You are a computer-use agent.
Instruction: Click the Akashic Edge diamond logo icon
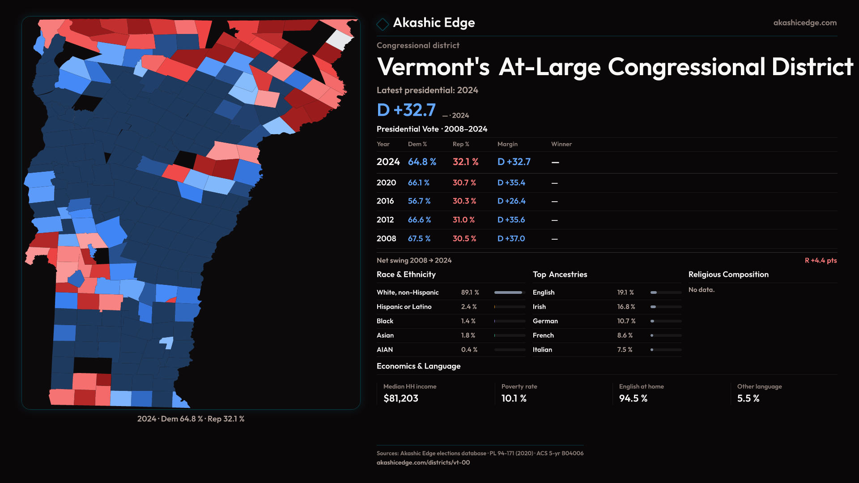click(383, 24)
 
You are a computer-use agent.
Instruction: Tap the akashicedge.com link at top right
click(804, 23)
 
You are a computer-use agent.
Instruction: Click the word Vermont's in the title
click(433, 67)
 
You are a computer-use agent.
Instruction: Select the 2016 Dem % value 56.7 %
click(419, 201)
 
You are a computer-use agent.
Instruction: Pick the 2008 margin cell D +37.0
click(511, 239)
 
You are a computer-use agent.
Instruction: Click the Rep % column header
click(460, 144)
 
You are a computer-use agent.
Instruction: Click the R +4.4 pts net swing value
click(821, 260)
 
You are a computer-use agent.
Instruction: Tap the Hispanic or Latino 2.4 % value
click(468, 307)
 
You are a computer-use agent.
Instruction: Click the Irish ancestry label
click(539, 307)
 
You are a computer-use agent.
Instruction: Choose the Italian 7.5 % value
click(625, 350)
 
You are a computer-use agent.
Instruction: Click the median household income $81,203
click(400, 398)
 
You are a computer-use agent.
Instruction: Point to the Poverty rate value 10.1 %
click(514, 398)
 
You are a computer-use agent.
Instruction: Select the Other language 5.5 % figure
click(748, 398)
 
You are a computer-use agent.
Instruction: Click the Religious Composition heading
click(728, 275)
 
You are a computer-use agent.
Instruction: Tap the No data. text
click(701, 290)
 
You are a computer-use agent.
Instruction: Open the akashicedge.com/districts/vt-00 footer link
click(423, 462)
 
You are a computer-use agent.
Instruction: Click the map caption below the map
click(191, 419)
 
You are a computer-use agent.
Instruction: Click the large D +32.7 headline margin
click(406, 110)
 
